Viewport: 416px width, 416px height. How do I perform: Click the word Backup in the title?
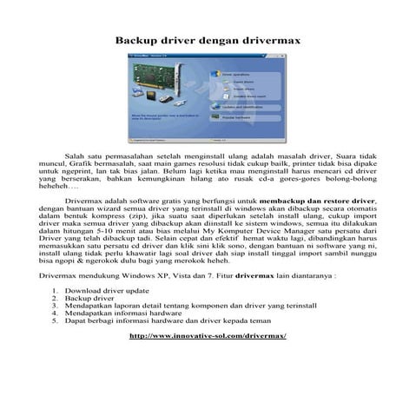[x=138, y=41]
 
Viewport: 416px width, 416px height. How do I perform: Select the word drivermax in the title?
[x=272, y=41]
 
